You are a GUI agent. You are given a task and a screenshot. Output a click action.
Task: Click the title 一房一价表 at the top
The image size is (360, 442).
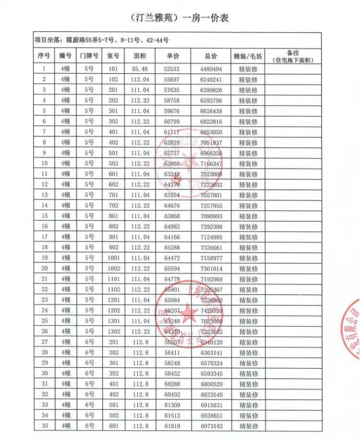pos(180,18)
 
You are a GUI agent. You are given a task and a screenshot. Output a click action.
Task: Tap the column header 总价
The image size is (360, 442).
pos(211,56)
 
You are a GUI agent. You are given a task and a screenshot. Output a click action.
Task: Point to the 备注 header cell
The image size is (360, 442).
pos(293,56)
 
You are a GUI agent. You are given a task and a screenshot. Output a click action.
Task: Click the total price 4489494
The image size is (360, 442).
pos(211,69)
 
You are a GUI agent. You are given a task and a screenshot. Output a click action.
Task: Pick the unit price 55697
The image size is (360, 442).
pos(172,79)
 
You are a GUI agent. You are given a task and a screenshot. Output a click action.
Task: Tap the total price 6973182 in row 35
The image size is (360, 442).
pos(211,426)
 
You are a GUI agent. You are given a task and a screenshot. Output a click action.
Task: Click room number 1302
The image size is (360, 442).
pos(113,331)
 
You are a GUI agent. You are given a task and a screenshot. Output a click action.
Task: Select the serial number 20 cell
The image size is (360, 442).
pos(44,268)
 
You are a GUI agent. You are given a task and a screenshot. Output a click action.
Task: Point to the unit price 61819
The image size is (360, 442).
pos(172,426)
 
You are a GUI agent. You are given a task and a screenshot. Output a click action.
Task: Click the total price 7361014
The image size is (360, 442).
pos(211,268)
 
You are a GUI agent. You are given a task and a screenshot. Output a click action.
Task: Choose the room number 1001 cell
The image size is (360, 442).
pos(113,258)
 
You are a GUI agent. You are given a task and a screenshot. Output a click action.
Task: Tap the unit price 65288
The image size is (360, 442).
pos(172,247)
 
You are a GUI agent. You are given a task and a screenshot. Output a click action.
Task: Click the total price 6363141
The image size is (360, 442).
pos(211,352)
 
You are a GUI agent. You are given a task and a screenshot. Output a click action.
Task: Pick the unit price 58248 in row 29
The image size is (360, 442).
pos(172,363)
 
